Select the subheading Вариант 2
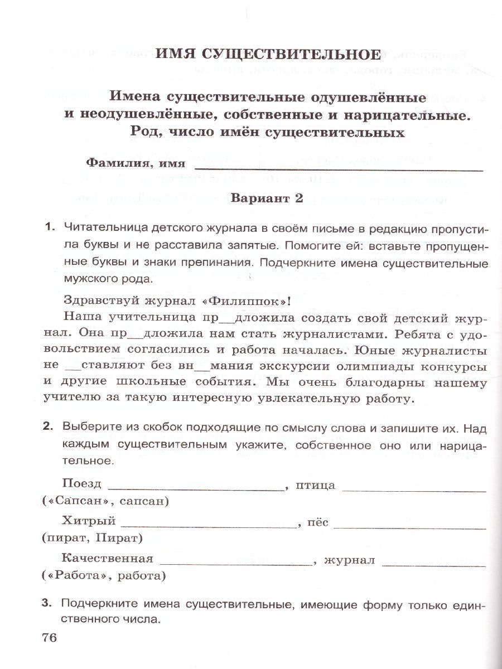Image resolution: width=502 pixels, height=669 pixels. tap(267, 199)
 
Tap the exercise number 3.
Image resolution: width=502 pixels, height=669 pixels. tap(50, 603)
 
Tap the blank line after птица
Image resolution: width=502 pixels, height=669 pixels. tap(414, 489)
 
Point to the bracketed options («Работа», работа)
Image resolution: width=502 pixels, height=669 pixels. tap(104, 575)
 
